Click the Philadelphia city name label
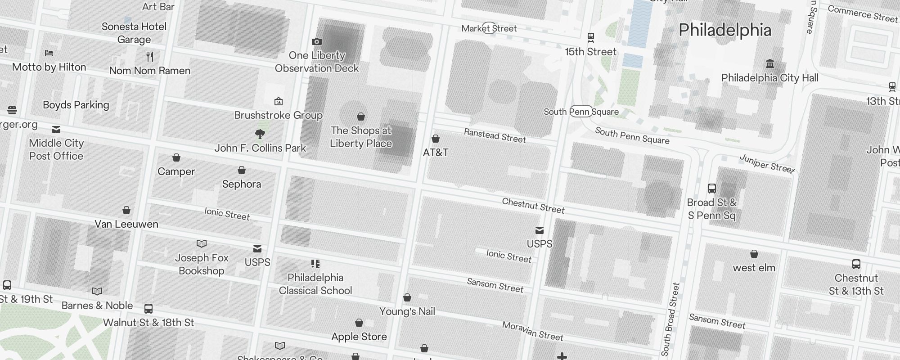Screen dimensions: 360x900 tap(724, 30)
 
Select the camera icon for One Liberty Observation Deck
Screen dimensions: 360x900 tap(317, 41)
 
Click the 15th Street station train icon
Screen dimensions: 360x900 tap(591, 37)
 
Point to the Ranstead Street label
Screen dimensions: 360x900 tap(495, 135)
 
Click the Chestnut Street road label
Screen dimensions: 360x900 tap(533, 206)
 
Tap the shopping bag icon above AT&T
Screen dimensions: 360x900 tap(435, 138)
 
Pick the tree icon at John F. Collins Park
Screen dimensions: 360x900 tap(260, 134)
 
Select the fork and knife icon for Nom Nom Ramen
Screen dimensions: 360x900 tap(150, 56)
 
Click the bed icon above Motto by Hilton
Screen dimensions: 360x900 tap(49, 53)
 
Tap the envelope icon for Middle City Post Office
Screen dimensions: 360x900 tap(56, 130)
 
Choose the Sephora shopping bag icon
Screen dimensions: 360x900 tap(242, 170)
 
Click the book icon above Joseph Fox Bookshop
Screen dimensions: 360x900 tap(202, 243)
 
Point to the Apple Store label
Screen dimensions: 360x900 tap(359, 337)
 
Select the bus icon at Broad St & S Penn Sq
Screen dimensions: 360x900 tap(711, 188)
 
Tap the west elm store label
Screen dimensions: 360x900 tap(754, 268)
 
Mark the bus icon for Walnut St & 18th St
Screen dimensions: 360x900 tap(148, 309)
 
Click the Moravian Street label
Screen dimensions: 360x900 tap(532, 331)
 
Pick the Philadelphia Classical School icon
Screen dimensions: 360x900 tap(315, 264)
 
